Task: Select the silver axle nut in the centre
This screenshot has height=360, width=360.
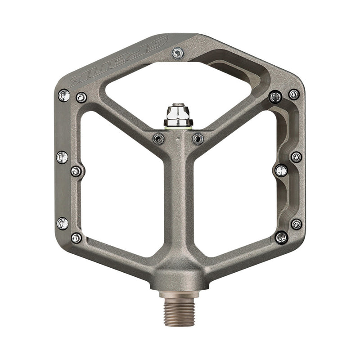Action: [179, 115]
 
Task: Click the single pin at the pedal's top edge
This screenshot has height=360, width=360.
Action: [178, 54]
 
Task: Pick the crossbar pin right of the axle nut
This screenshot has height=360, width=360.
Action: [198, 139]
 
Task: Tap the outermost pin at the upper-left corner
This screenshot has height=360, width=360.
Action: [64, 95]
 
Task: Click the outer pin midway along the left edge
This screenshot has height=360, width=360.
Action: [63, 157]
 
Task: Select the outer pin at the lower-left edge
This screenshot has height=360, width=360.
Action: [63, 223]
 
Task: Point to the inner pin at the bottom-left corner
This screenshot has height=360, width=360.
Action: [76, 238]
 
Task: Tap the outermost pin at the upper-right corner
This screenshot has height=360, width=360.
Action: [294, 94]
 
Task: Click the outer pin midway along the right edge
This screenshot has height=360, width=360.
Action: [296, 157]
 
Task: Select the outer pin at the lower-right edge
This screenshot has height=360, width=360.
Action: [296, 224]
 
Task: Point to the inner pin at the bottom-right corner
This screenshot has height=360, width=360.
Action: [281, 237]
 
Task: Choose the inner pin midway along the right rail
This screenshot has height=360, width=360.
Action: [281, 170]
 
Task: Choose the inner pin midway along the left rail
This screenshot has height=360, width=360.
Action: [76, 171]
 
